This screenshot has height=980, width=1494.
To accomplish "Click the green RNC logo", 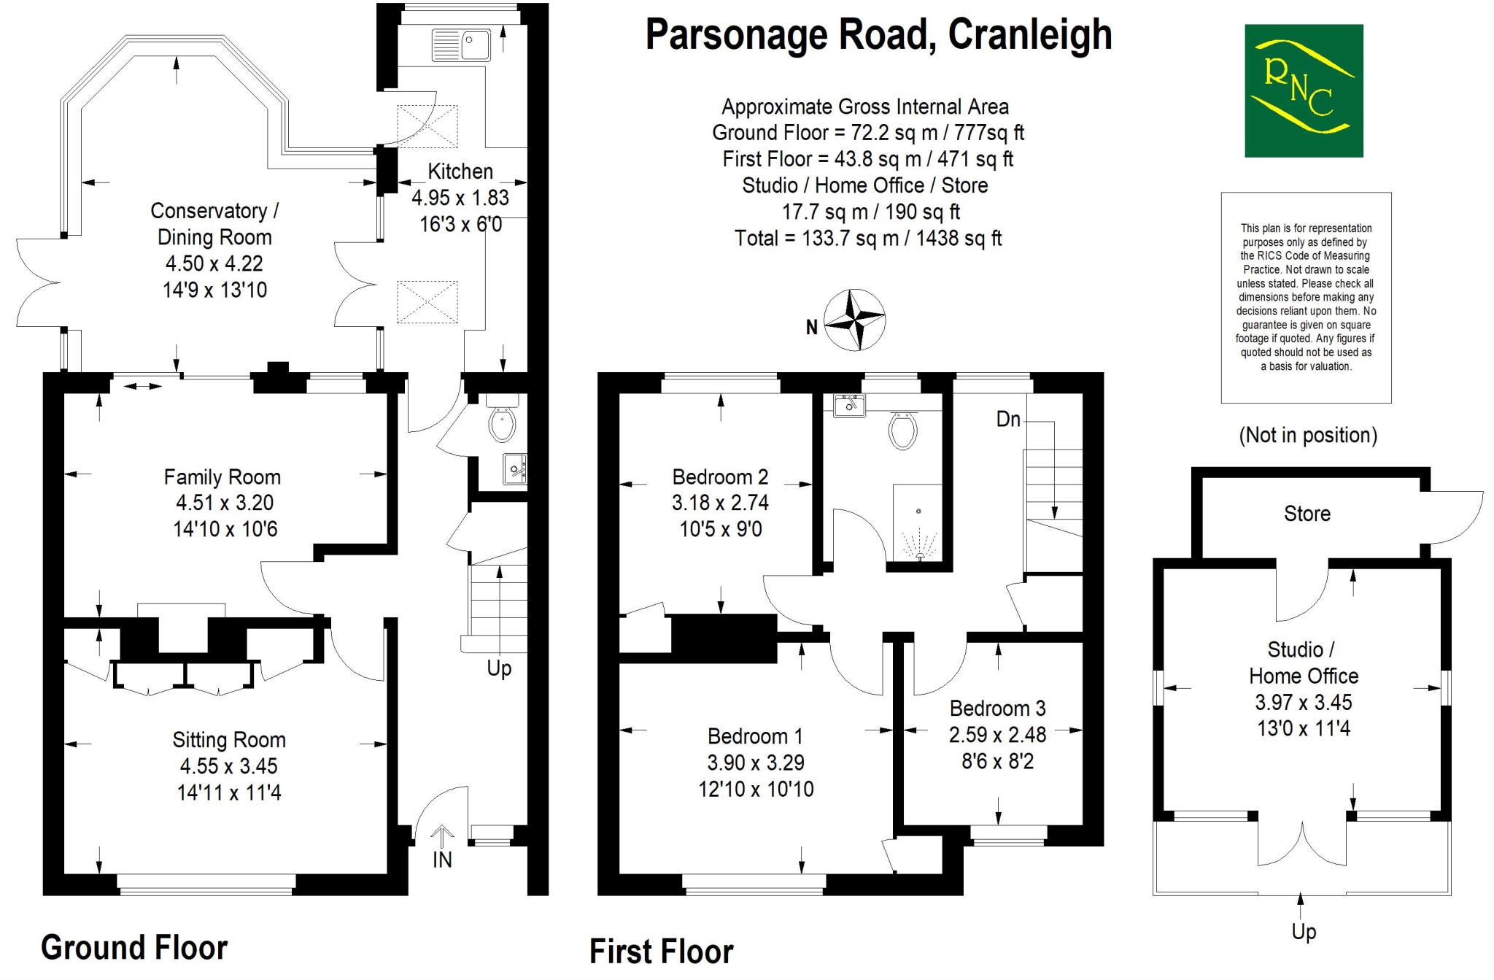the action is (x=1304, y=90).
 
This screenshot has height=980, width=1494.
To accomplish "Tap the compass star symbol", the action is (x=854, y=320).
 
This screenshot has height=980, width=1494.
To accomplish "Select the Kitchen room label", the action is (x=460, y=171).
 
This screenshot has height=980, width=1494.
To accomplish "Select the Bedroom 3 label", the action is (x=997, y=708).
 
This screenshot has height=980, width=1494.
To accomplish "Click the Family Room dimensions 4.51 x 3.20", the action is (x=225, y=503).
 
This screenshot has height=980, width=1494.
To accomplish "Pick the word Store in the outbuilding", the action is (x=1307, y=514).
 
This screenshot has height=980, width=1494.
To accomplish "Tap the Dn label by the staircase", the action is (x=1008, y=419).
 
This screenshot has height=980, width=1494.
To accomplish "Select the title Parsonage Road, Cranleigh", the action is (x=878, y=34).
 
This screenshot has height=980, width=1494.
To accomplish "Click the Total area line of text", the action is (x=868, y=238).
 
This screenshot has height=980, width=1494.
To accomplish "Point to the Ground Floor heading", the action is (x=134, y=947).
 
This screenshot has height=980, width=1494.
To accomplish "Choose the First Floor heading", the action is (x=662, y=952).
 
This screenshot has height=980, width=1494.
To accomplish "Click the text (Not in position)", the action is (x=1308, y=435).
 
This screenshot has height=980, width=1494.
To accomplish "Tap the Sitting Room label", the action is (x=229, y=740).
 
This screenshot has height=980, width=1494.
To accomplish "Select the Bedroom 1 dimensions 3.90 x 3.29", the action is (x=756, y=763).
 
